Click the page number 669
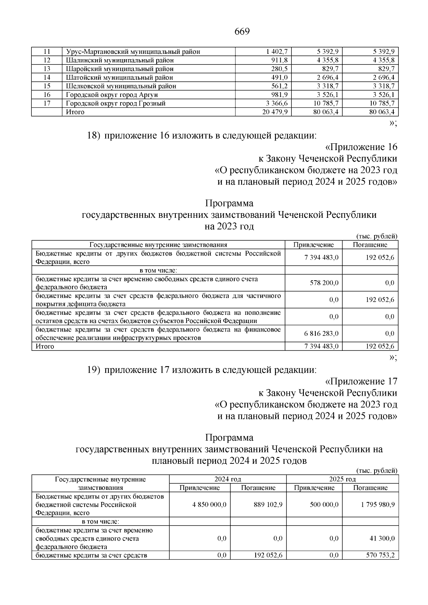pos(242,31)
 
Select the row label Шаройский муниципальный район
pos(120,69)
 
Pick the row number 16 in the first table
pos(47,94)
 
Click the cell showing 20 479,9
pos(275,112)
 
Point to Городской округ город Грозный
pos(116,103)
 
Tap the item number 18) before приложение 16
pos(94,135)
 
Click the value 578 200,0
pos(321,283)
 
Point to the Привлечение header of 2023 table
pos(314,245)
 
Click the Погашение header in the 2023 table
pos(370,245)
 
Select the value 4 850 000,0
pos(209,505)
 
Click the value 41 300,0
pos(382,539)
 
